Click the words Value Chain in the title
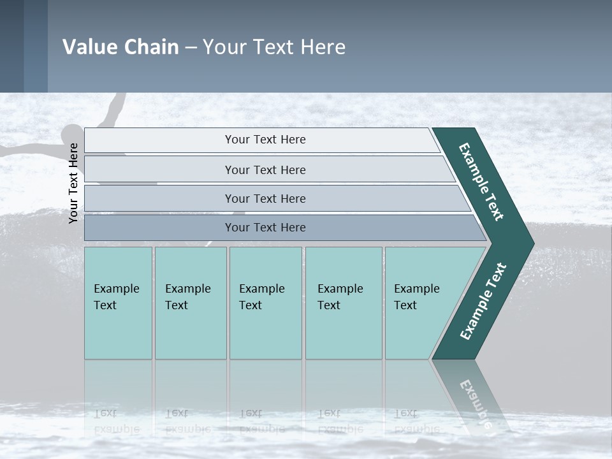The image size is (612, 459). [120, 47]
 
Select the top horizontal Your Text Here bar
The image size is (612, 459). [265, 140]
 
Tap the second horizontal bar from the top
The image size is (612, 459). [265, 170]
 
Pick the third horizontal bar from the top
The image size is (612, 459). [265, 198]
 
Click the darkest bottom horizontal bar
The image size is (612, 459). [265, 228]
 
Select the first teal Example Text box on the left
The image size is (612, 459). [118, 302]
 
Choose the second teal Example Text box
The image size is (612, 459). [191, 302]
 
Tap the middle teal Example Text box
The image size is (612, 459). [265, 302]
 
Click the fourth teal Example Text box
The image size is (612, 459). [344, 302]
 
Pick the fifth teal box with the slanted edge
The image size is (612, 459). [421, 302]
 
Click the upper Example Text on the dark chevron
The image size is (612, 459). [481, 182]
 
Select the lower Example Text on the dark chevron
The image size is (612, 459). [483, 302]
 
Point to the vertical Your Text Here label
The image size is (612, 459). [73, 183]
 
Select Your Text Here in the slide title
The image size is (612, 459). [274, 47]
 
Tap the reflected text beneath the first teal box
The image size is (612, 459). [116, 421]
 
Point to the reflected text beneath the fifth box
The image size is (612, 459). [416, 421]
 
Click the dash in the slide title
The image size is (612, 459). [191, 48]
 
